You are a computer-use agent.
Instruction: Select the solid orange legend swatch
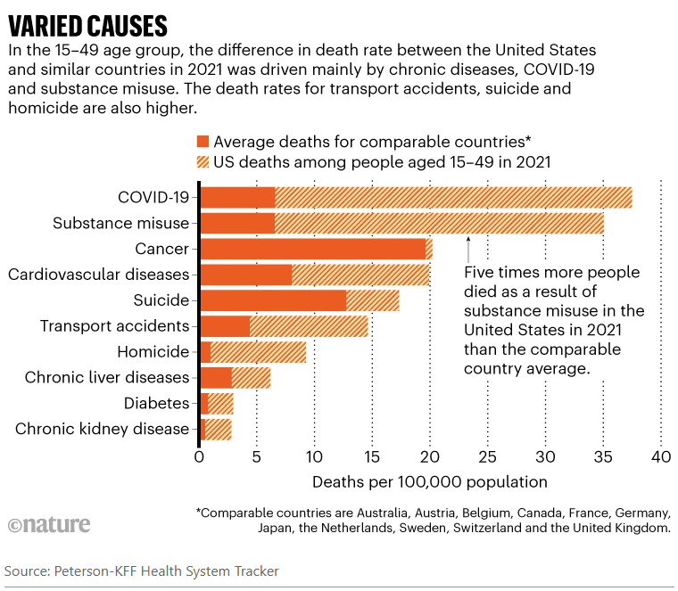point(202,141)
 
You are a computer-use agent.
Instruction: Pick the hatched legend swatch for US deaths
point(202,161)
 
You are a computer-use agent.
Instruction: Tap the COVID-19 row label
point(153,197)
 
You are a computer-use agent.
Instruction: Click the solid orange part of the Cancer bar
point(312,249)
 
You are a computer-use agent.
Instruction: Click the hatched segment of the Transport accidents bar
point(309,326)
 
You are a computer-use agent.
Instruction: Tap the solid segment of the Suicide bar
point(272,300)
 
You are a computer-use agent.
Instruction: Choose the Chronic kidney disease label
point(102,430)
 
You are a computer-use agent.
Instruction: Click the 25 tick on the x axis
point(487,457)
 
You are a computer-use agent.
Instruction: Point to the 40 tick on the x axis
point(660,457)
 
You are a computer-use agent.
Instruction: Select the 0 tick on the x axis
point(199,457)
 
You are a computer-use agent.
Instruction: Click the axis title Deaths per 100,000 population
point(429,482)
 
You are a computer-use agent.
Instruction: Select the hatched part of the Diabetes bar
point(221,404)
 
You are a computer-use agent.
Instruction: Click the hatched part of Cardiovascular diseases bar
point(360,275)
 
